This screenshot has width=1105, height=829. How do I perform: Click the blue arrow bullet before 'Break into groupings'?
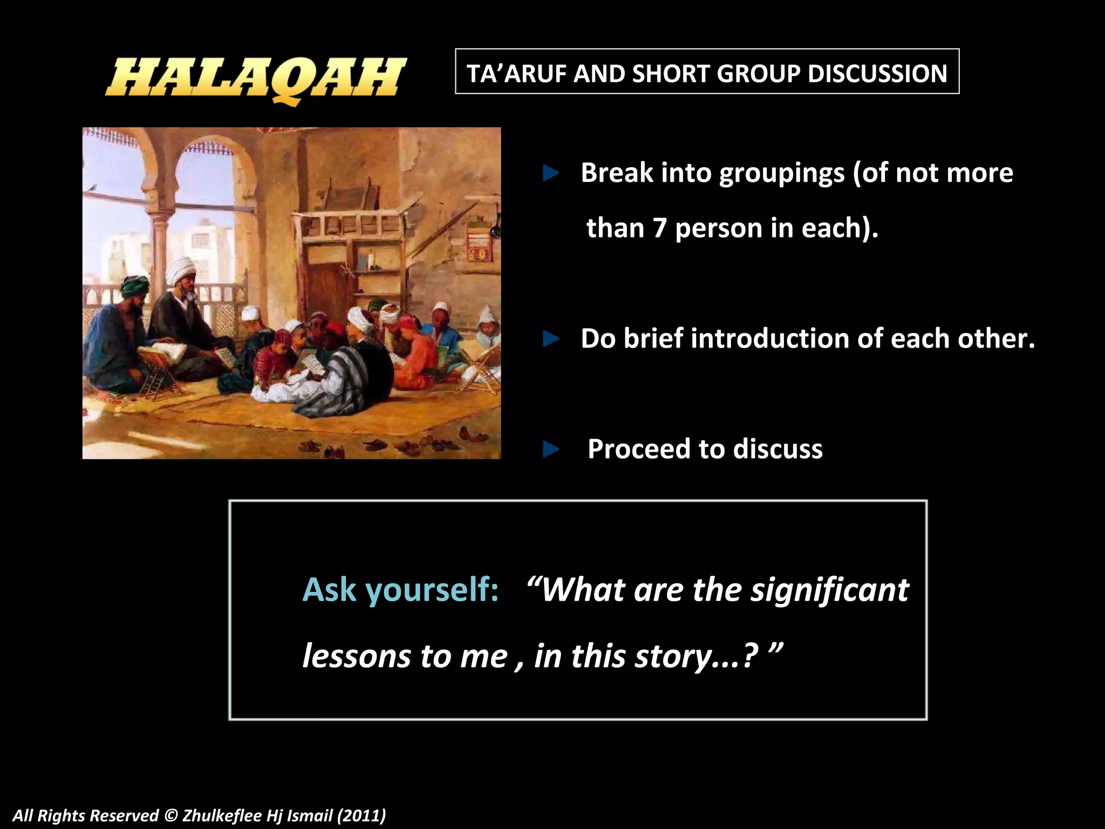click(550, 173)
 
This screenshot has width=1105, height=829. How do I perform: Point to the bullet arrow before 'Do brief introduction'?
click(550, 339)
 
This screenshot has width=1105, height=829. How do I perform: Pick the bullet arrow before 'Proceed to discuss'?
click(550, 449)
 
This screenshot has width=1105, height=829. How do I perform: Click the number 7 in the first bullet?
click(659, 228)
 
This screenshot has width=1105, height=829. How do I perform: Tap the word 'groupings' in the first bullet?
click(782, 174)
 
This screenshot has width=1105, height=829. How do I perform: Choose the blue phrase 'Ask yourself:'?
click(400, 589)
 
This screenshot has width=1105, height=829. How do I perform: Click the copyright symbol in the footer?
click(170, 815)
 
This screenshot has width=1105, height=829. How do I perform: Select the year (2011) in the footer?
click(361, 815)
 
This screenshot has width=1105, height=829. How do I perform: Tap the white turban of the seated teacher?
click(181, 268)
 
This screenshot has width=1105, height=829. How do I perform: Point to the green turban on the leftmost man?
click(134, 286)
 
